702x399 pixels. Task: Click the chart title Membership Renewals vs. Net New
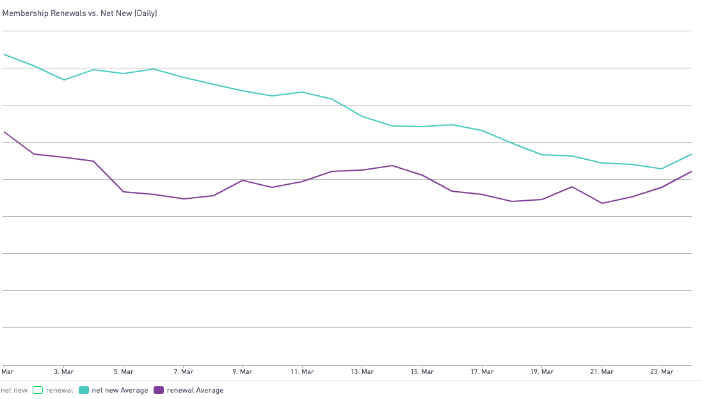[79, 13]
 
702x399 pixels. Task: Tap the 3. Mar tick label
[63, 372]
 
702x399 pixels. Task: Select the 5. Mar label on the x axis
[124, 372]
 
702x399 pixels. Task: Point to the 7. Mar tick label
[183, 372]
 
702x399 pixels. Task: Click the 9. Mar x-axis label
[243, 372]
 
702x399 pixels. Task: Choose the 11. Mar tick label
[302, 372]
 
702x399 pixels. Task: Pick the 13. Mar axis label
[362, 372]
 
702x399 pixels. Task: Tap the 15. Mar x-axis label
[422, 372]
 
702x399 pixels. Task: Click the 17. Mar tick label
[482, 372]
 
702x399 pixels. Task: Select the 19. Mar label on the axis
[541, 372]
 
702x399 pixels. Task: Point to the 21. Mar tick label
[602, 372]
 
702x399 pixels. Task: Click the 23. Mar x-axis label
[661, 372]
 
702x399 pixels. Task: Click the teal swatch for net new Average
[84, 390]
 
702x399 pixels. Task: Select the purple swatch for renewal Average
[159, 390]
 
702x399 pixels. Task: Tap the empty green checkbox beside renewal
[38, 390]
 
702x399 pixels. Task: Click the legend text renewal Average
[195, 390]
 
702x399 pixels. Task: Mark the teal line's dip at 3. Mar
[64, 80]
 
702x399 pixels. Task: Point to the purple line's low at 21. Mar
[602, 203]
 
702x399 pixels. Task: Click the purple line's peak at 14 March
[392, 166]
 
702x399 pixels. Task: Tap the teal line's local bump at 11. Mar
[302, 92]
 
